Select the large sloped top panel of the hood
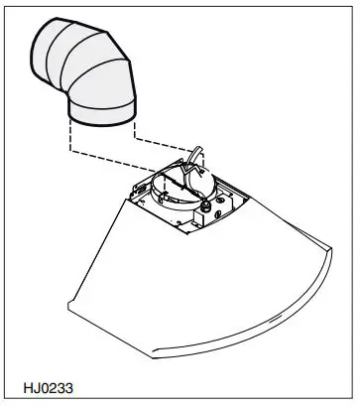198,268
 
